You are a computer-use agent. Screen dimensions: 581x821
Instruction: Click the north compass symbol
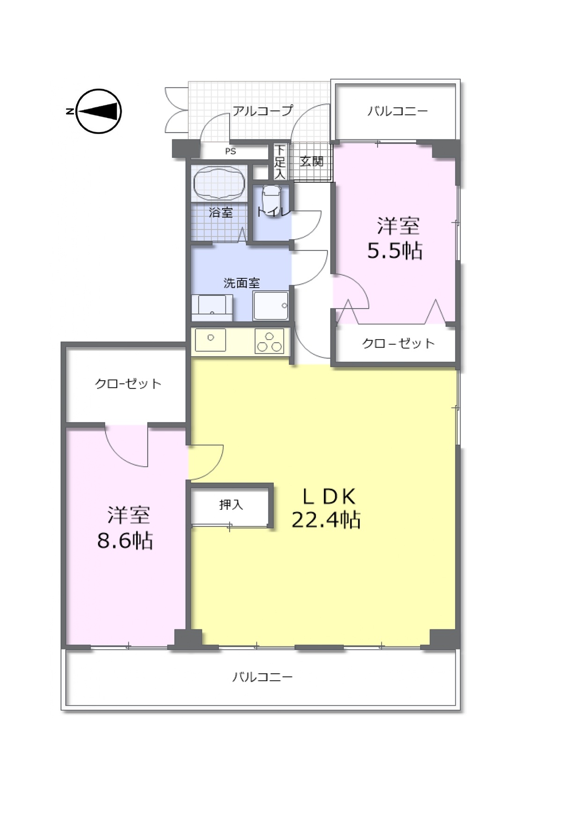click(98, 111)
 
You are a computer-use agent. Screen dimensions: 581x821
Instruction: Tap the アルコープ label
click(263, 111)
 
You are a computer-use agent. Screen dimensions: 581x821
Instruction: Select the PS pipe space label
click(230, 151)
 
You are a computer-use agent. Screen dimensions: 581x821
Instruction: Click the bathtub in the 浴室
click(219, 183)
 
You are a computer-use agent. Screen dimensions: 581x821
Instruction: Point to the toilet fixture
click(272, 200)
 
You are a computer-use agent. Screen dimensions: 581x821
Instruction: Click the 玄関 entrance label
click(311, 161)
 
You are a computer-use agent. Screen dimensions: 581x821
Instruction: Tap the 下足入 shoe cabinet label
click(280, 162)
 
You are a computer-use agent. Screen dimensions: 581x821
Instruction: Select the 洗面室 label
click(242, 283)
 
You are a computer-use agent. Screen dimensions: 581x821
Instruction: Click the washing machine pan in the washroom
click(271, 305)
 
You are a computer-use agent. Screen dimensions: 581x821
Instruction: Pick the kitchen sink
click(211, 340)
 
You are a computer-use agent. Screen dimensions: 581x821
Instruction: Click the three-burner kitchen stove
click(269, 341)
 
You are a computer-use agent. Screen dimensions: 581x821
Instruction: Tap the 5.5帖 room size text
click(395, 251)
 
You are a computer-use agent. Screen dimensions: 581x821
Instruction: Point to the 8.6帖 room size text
click(125, 540)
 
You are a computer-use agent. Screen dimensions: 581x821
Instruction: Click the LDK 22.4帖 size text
click(326, 508)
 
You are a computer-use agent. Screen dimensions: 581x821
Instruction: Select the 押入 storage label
click(231, 504)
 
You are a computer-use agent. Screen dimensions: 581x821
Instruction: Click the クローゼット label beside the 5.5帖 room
click(398, 343)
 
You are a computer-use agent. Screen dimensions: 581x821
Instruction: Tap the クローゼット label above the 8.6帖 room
click(128, 384)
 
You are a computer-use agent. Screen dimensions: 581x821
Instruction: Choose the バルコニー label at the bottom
click(263, 676)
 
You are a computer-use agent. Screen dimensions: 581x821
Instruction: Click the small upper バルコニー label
click(397, 111)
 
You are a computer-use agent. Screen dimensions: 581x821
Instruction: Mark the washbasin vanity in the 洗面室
click(212, 307)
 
